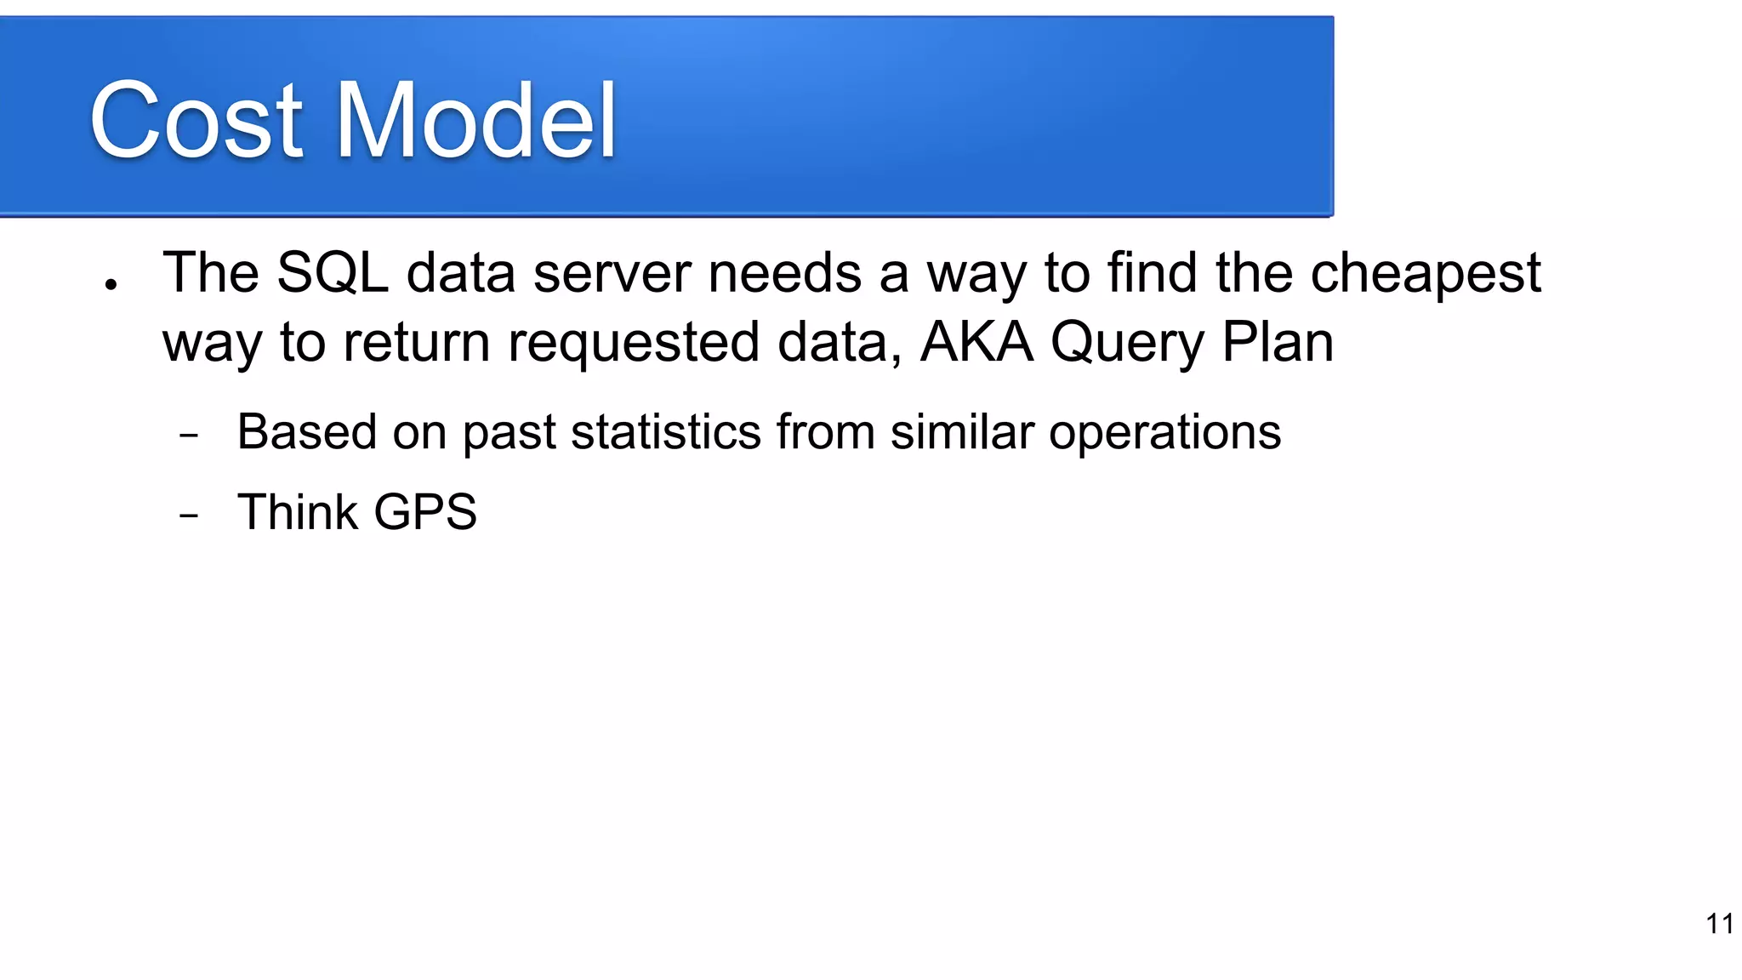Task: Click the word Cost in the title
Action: click(196, 121)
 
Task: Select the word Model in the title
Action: click(476, 121)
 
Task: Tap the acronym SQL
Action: click(333, 273)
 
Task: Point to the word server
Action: click(612, 275)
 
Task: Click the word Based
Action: click(306, 431)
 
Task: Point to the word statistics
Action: click(666, 431)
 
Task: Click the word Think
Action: click(298, 512)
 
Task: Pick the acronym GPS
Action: click(425, 512)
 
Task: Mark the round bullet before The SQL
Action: click(111, 285)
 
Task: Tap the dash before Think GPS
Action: click(189, 516)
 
